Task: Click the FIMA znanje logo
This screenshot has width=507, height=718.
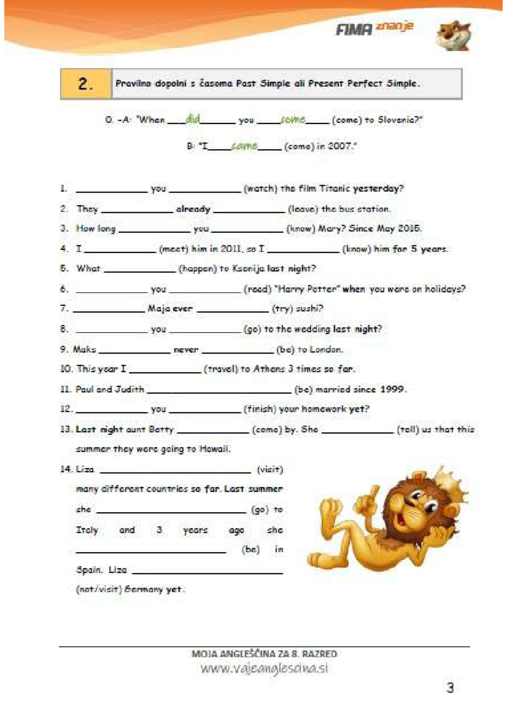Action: [x=374, y=28]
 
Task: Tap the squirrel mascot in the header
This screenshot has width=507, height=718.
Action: [x=453, y=36]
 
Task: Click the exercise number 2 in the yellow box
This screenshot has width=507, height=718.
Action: [x=85, y=84]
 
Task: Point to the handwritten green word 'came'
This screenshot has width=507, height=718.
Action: [x=245, y=145]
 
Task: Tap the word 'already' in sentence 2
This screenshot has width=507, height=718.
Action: [x=193, y=209]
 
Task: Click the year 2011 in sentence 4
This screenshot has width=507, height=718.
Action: [x=231, y=249]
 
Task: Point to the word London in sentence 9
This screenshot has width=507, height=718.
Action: [x=326, y=349]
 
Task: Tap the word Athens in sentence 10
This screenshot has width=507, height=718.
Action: [x=269, y=369]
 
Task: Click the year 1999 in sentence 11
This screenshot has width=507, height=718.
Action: [x=393, y=389]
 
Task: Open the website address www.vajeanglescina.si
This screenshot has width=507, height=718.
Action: [x=264, y=668]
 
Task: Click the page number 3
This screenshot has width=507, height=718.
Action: [x=450, y=688]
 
